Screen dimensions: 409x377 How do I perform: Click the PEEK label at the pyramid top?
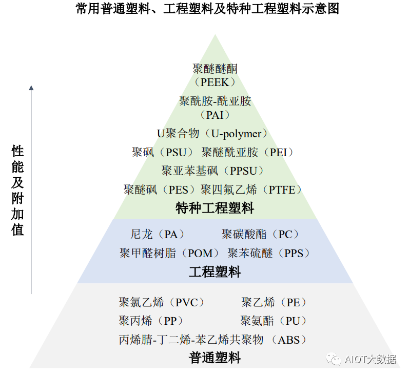tap(215, 82)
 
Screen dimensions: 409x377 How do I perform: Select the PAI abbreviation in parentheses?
tap(215, 115)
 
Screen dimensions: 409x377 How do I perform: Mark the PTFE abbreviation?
tap(282, 190)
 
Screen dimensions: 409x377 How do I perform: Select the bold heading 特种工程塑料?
tap(215, 208)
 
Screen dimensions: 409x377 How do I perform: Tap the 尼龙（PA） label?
tap(158, 235)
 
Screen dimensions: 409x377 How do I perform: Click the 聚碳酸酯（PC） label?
tap(261, 235)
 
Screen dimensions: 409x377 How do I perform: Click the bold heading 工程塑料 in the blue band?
tap(215, 271)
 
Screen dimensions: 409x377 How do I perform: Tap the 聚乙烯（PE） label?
tap(274, 302)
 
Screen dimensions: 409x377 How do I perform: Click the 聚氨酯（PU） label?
tap(274, 321)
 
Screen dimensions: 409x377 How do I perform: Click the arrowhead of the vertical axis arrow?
tap(31, 88)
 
